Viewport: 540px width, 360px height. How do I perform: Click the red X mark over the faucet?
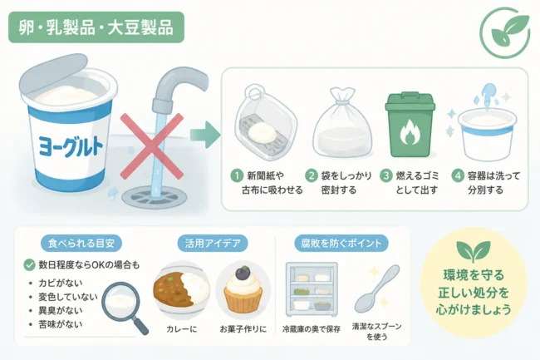point(152,146)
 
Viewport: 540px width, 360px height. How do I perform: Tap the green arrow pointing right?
point(205,135)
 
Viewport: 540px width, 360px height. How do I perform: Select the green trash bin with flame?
point(410,125)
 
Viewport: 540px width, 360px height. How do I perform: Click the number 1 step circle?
point(237,175)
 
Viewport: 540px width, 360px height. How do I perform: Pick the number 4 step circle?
point(458,175)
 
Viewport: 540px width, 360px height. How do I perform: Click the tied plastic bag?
point(342,123)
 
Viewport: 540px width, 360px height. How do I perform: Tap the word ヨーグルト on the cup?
point(71,146)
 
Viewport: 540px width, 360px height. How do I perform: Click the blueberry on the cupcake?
point(243,274)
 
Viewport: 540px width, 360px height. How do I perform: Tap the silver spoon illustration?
point(377,288)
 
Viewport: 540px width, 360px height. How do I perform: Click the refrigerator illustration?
point(312,289)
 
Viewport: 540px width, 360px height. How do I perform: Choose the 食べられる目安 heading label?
point(81,244)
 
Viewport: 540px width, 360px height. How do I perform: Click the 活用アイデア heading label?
point(213,244)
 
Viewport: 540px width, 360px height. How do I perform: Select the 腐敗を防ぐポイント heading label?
point(341,244)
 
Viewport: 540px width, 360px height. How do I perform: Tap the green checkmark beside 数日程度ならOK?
point(30,264)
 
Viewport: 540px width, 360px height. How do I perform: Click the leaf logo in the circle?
point(505,32)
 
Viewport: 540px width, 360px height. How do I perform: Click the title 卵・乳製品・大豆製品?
point(96,27)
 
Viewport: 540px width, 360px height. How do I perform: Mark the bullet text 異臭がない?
point(61,310)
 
